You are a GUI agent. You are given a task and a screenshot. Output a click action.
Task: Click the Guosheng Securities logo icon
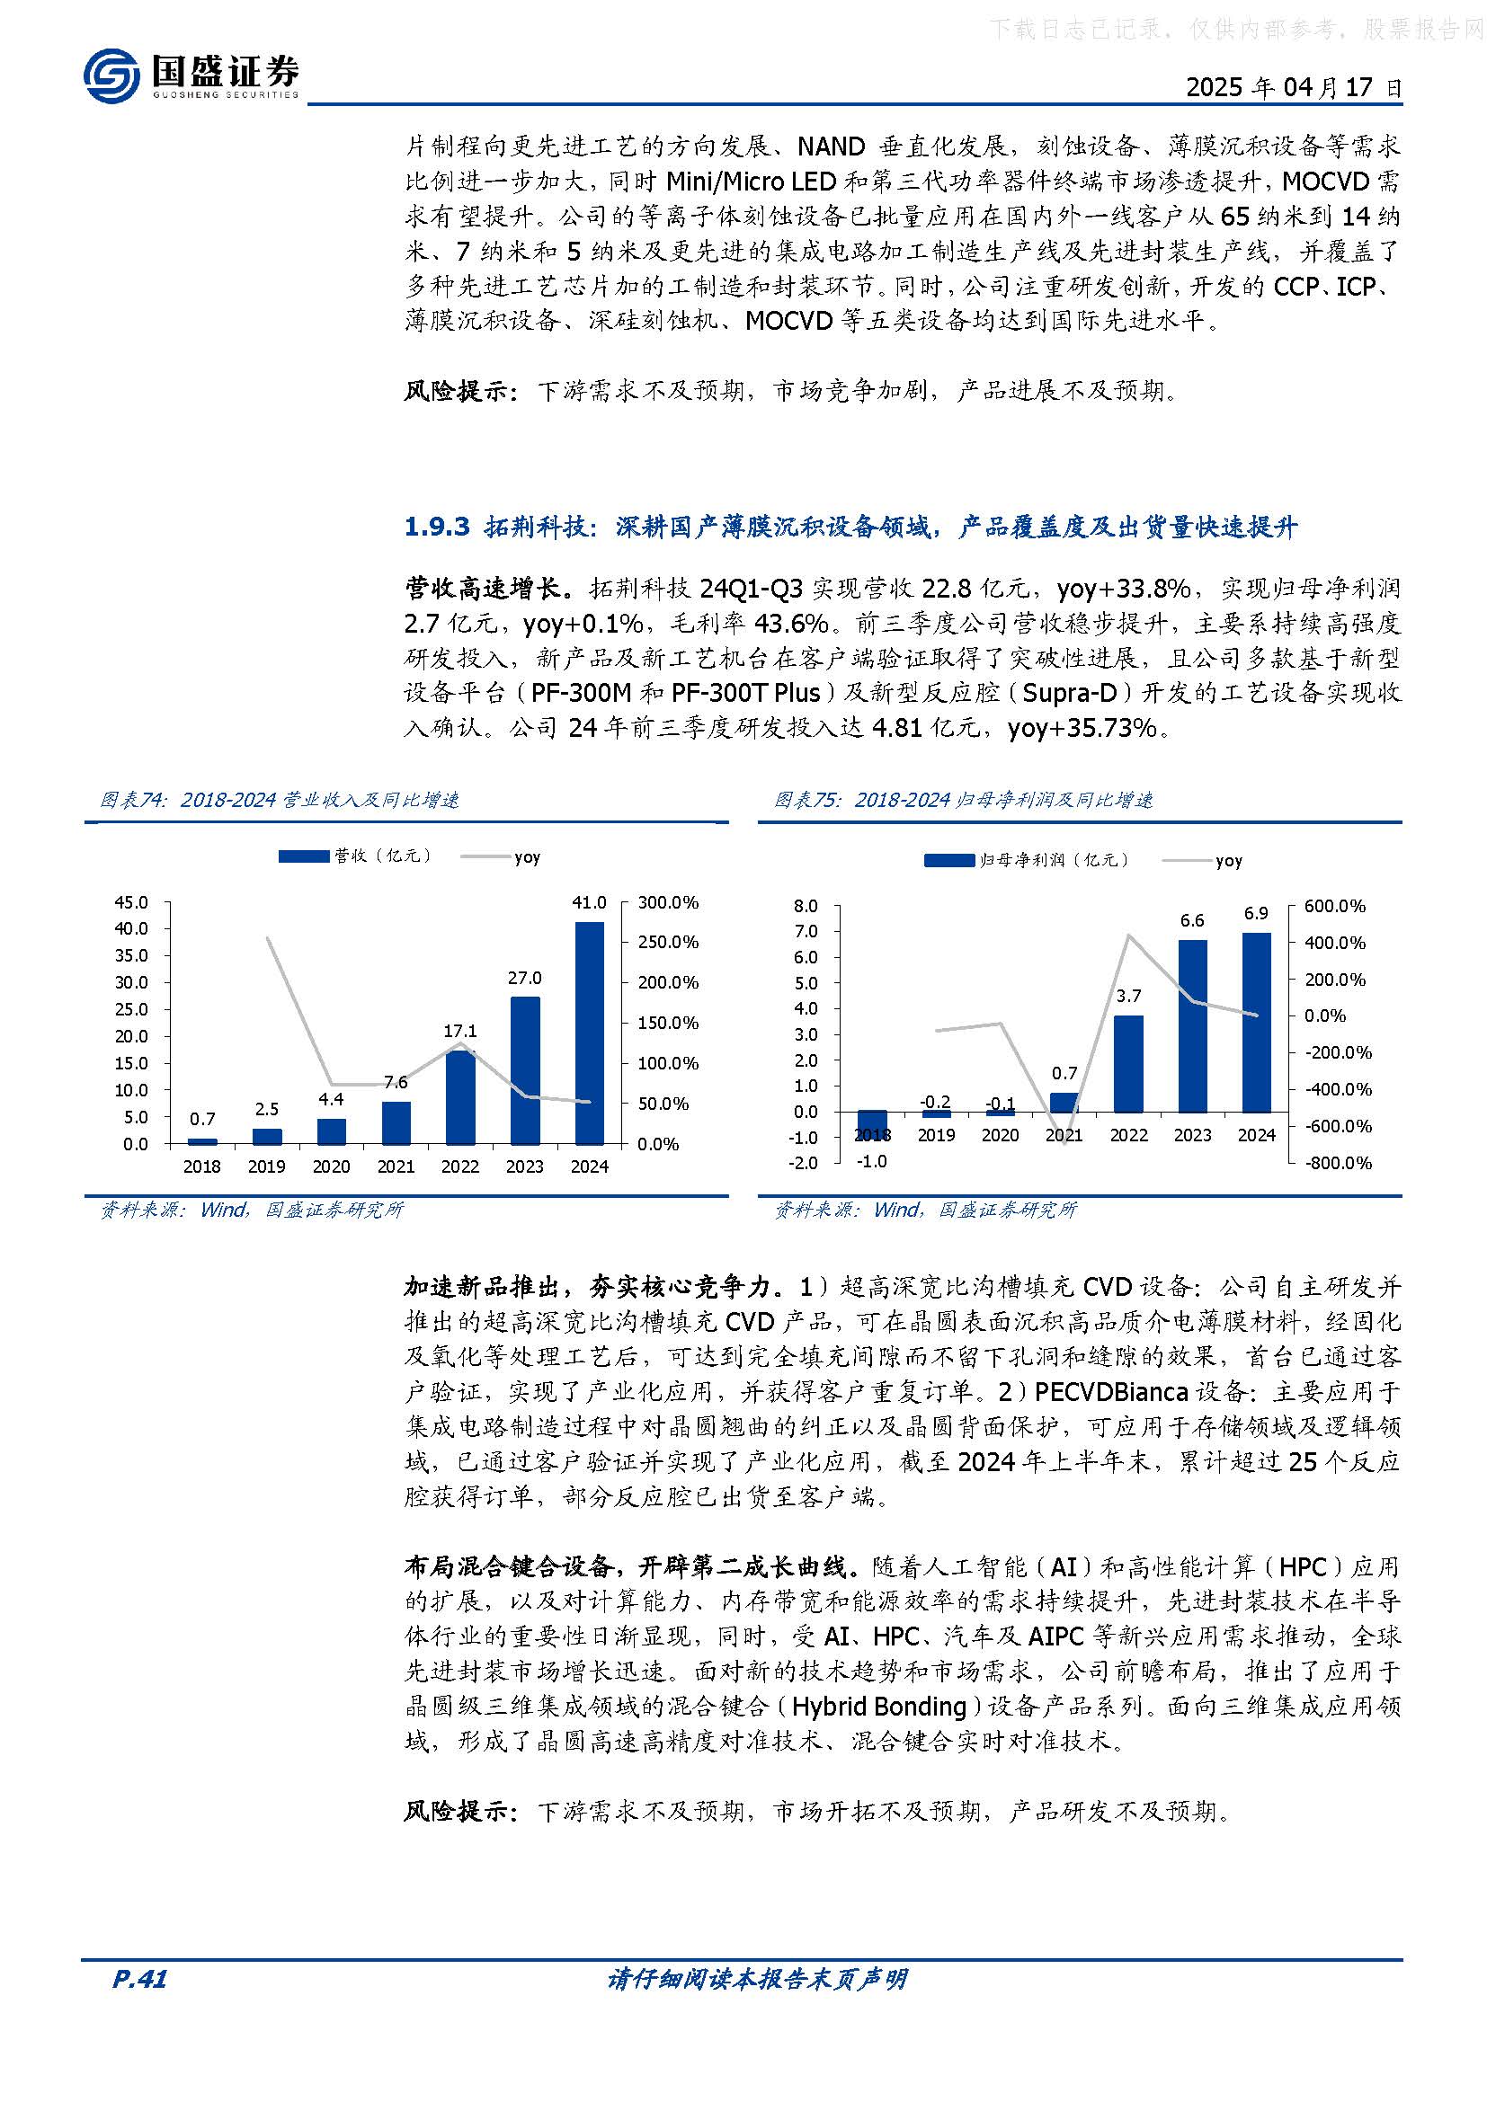pyautogui.click(x=111, y=75)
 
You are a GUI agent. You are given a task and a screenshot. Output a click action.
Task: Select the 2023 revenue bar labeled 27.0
pyautogui.click(x=525, y=1070)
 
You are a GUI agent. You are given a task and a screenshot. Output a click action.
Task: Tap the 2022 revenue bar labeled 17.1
pyautogui.click(x=459, y=1097)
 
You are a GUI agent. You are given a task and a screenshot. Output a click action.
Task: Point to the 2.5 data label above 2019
pyautogui.click(x=266, y=1109)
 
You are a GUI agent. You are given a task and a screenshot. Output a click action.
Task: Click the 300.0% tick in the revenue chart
pyautogui.click(x=667, y=902)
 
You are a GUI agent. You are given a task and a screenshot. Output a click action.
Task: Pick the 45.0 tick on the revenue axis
pyautogui.click(x=131, y=902)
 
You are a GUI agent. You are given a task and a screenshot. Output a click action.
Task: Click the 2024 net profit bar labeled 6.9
pyautogui.click(x=1256, y=1022)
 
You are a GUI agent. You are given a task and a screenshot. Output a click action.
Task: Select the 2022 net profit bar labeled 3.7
pyautogui.click(x=1128, y=1063)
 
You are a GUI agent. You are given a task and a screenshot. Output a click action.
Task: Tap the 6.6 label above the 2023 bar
pyautogui.click(x=1192, y=920)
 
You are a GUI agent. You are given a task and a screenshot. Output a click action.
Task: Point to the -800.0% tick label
pyautogui.click(x=1338, y=1163)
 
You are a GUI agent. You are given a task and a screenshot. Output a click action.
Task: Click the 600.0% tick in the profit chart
pyautogui.click(x=1334, y=907)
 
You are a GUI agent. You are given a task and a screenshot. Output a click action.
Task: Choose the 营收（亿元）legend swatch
pyautogui.click(x=303, y=856)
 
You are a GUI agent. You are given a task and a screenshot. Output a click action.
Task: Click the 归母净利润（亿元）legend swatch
pyautogui.click(x=948, y=861)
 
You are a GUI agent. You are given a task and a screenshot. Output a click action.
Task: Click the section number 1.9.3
pyautogui.click(x=437, y=528)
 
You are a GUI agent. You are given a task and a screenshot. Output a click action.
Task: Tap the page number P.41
pyautogui.click(x=139, y=1979)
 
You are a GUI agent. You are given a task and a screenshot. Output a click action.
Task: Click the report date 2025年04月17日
pyautogui.click(x=1293, y=88)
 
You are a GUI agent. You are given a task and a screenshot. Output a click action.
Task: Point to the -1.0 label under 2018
pyautogui.click(x=871, y=1161)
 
